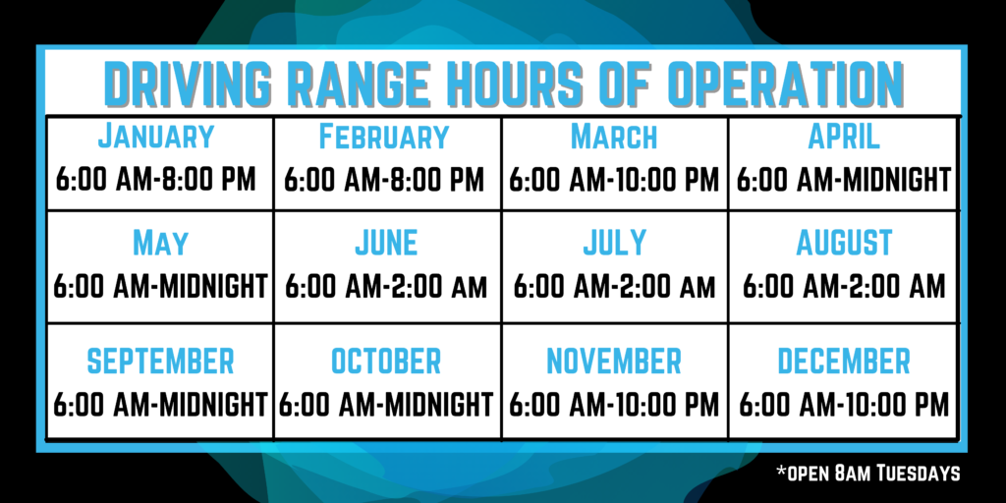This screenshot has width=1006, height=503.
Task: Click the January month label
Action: (x=156, y=136)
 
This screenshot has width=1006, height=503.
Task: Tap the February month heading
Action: (x=384, y=136)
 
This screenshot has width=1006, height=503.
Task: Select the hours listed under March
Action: (x=614, y=181)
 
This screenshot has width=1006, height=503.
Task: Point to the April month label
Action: (x=844, y=136)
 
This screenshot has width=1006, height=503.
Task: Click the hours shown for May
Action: (x=160, y=287)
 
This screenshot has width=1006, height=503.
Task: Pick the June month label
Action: (x=386, y=243)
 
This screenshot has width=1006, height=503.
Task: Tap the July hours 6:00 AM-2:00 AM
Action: (x=614, y=287)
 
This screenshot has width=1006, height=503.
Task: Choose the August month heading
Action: (x=844, y=243)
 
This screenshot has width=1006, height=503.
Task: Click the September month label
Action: (x=160, y=362)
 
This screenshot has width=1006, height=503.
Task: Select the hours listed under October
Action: (x=386, y=405)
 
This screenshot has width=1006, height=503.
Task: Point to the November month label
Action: (x=614, y=362)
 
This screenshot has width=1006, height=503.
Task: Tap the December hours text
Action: (x=844, y=405)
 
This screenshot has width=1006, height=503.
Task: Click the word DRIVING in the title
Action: (x=184, y=84)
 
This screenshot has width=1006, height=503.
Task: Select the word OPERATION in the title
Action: (x=784, y=84)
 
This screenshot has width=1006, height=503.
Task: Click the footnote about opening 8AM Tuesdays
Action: (x=868, y=474)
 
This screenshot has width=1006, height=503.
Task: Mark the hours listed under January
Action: (x=156, y=181)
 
